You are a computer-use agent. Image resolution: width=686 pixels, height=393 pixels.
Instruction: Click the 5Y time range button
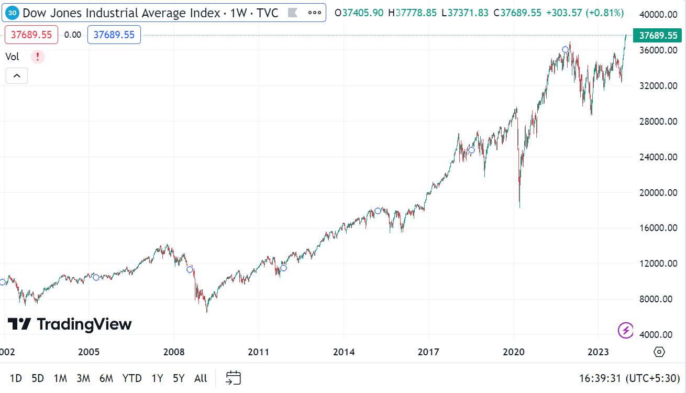click(x=179, y=378)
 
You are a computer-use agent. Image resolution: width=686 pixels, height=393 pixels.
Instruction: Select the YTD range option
click(x=132, y=378)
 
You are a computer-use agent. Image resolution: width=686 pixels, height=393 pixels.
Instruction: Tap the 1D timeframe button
click(x=16, y=378)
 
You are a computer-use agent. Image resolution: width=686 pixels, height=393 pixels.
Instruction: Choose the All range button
click(x=201, y=378)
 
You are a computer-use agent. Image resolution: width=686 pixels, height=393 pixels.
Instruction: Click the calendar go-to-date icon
click(x=233, y=378)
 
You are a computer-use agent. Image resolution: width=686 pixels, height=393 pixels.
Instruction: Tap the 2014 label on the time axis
click(x=344, y=352)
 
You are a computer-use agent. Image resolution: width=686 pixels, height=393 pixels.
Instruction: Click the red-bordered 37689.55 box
click(x=31, y=35)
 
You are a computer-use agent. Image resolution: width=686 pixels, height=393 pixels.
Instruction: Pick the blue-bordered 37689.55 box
click(x=114, y=35)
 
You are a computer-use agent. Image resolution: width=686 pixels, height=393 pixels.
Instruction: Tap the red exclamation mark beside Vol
click(x=38, y=57)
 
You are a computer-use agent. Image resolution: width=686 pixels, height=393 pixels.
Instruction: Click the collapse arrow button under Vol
click(x=17, y=76)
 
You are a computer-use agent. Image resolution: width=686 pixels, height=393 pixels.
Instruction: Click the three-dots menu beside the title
click(x=314, y=13)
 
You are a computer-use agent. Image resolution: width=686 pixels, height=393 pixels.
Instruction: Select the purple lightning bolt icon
click(x=626, y=331)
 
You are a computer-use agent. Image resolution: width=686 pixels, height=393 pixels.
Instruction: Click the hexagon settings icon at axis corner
click(x=659, y=352)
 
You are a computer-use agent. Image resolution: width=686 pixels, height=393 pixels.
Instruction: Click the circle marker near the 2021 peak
click(x=565, y=50)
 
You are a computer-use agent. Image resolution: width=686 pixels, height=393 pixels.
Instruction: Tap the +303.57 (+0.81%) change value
click(x=585, y=13)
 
